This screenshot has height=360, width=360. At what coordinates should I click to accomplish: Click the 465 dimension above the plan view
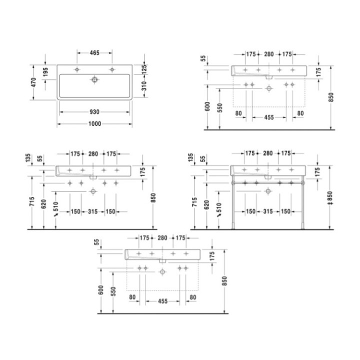pyautogui.click(x=94, y=52)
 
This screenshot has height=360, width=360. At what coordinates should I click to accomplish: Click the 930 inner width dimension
pyautogui.click(x=94, y=111)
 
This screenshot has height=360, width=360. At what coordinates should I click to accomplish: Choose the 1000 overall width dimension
pyautogui.click(x=94, y=124)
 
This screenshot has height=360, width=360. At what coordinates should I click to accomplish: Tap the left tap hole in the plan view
pyautogui.click(x=76, y=69)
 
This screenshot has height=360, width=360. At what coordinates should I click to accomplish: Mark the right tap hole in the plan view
pyautogui.click(x=111, y=69)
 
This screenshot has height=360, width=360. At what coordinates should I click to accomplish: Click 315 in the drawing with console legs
pyautogui.click(x=268, y=212)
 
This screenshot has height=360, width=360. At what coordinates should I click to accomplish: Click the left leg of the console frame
pyautogui.click(x=232, y=202)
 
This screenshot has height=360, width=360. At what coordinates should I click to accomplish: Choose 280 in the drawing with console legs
pyautogui.click(x=268, y=153)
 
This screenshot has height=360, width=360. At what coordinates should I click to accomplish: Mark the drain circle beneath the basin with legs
pyautogui.click(x=268, y=190)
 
